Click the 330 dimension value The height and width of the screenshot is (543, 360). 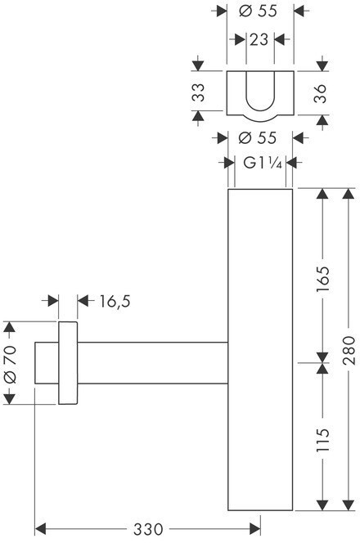tap(148, 529)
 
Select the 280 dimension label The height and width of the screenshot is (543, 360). tap(349, 350)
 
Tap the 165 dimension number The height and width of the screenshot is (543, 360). tap(322, 279)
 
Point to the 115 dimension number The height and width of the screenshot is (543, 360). tap(322, 440)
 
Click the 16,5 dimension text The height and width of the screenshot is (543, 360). tap(115, 301)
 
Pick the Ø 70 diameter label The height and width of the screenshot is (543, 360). tap(10, 364)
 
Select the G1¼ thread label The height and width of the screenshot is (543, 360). tap(263, 163)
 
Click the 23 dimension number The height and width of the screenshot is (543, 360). tap(259, 40)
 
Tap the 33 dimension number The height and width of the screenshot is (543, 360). tap(199, 92)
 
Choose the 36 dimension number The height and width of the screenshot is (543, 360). tap(320, 93)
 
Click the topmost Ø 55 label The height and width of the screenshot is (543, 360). tap(258, 11)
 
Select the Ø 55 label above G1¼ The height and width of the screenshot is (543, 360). tap(258, 138)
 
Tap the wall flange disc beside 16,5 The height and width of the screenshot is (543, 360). tap(68, 363)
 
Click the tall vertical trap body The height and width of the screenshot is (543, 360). tap(260, 350)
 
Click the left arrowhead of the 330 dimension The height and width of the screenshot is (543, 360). tap(41, 529)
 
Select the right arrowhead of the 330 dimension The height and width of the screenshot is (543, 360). tap(254, 529)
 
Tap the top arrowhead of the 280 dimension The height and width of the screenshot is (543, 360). tap(349, 194)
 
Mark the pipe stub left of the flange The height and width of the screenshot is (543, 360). tap(47, 363)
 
